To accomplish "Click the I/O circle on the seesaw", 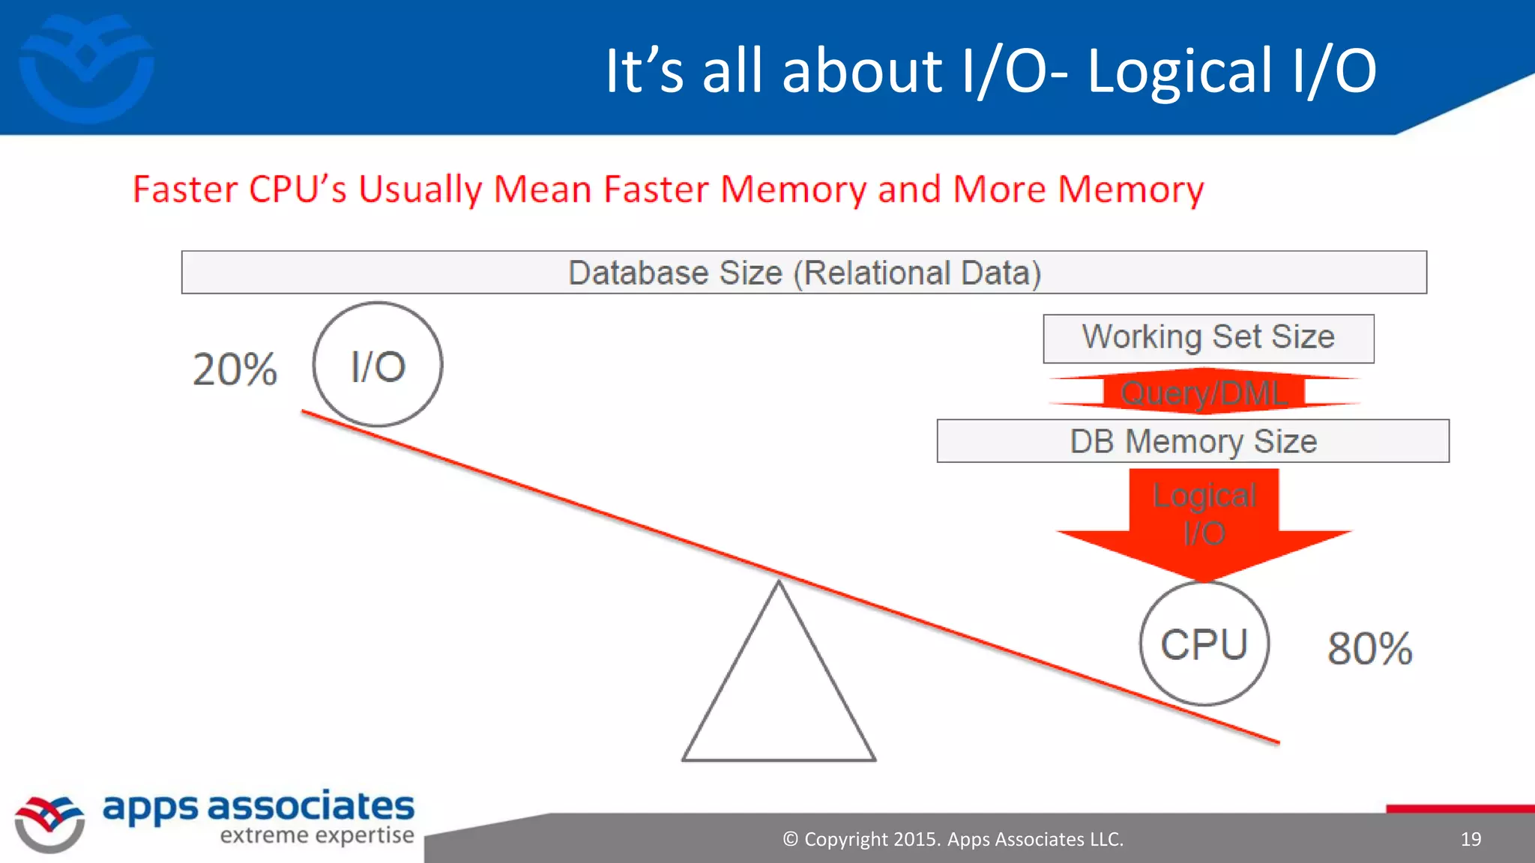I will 378,365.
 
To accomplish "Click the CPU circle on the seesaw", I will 1204,644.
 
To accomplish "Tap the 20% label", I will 235,369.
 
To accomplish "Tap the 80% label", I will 1369,649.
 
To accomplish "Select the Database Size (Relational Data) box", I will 803,273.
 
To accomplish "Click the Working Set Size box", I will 1208,338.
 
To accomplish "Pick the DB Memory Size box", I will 1192,441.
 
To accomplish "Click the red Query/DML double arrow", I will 1204,392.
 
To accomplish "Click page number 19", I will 1471,839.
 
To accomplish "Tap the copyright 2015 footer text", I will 953,839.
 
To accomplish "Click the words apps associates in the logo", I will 258,807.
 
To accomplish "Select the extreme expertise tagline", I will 316,835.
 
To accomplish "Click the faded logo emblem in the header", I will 86,67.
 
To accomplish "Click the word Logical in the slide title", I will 1180,70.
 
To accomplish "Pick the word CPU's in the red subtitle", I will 298,189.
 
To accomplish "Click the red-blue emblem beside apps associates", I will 49,823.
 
